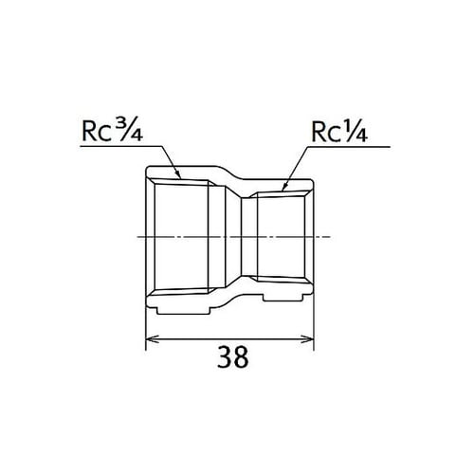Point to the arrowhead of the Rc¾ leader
pos(179,178)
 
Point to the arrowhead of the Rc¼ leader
pos(287,179)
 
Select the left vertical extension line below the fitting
pos(145,327)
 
